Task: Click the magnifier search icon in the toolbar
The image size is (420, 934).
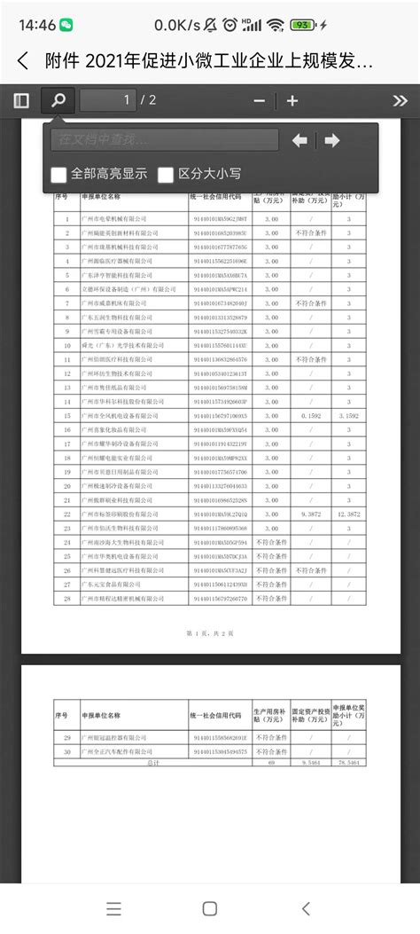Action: click(x=58, y=100)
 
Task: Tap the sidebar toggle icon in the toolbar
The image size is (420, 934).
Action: click(x=20, y=100)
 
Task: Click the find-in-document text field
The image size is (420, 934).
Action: click(x=165, y=140)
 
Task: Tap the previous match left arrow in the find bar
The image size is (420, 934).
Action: click(x=300, y=140)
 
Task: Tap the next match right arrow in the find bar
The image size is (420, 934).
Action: click(x=331, y=140)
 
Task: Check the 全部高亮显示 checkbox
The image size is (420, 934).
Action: click(x=59, y=174)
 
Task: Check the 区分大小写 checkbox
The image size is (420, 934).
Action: click(x=166, y=174)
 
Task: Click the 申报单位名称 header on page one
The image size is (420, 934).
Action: click(x=102, y=198)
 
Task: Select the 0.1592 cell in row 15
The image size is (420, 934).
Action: click(x=310, y=415)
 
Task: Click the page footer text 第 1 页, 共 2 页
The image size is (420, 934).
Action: click(x=209, y=632)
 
